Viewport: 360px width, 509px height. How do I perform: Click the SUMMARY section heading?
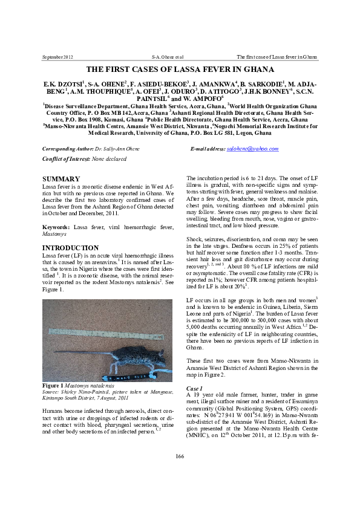coord(61,179)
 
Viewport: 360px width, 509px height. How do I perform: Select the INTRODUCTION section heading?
coord(70,248)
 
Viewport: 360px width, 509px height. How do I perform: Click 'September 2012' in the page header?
coord(57,57)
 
